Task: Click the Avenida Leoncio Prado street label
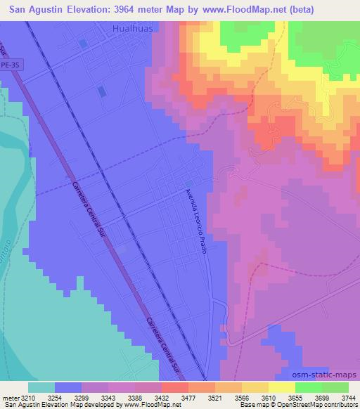(x=195, y=221)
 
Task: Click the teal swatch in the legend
(x=41, y=387)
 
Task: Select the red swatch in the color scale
(x=174, y=387)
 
